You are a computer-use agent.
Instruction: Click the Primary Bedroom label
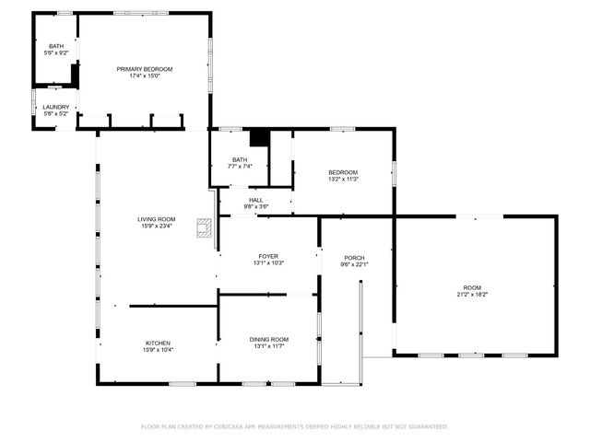point(144,69)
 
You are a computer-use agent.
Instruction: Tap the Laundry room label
point(55,107)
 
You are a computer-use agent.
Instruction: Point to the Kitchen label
point(158,343)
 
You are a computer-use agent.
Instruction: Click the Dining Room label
point(268,339)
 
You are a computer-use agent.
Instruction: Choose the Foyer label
point(268,256)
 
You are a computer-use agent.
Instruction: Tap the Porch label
point(355,258)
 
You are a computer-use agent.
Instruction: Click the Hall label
point(255,200)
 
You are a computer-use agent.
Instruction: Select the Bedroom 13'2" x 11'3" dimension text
point(343,180)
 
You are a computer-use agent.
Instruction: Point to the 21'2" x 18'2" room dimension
point(472,295)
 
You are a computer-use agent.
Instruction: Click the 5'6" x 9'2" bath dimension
point(56,53)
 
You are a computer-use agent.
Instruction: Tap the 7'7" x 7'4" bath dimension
point(240,167)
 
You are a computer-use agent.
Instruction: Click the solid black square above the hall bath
point(259,137)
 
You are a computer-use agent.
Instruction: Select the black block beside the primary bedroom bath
point(77,76)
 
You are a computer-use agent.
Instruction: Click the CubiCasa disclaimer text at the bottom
point(294,426)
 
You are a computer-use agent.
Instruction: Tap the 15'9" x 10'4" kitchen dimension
point(158,350)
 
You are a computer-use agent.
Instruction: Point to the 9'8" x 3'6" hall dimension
point(255,207)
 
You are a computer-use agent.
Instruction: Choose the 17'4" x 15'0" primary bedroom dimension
point(144,76)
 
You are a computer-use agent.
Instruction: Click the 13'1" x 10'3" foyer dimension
point(268,263)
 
